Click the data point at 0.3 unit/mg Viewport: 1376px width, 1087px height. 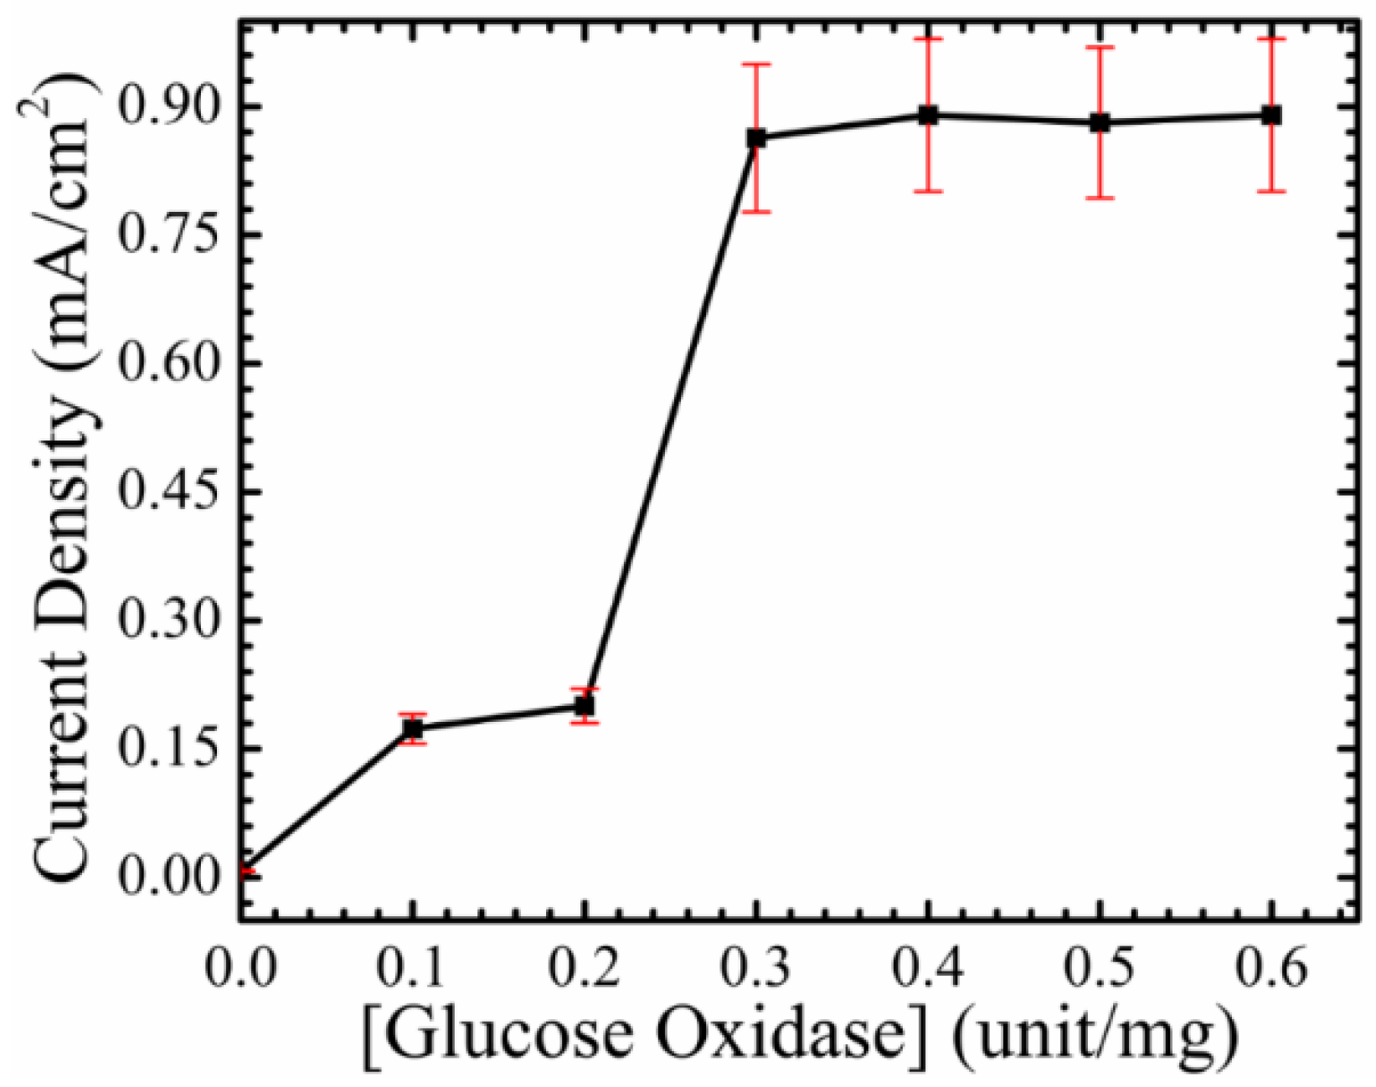pyautogui.click(x=756, y=138)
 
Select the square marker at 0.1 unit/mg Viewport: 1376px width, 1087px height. pyautogui.click(x=412, y=729)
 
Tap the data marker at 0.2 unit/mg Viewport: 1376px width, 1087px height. pyautogui.click(x=585, y=706)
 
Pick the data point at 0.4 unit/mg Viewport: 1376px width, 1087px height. pyautogui.click(x=928, y=116)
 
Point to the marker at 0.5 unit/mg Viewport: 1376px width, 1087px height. pyautogui.click(x=1100, y=123)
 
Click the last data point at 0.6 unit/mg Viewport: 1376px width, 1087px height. pyautogui.click(x=1271, y=116)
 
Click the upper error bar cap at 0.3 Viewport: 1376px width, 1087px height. pyautogui.click(x=756, y=64)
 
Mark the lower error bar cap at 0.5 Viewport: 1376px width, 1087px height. pyautogui.click(x=1100, y=198)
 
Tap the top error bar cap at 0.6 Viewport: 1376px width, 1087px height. pyautogui.click(x=1271, y=39)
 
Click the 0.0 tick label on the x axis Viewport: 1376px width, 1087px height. pyautogui.click(x=241, y=970)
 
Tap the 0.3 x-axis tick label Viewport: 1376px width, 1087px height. pyautogui.click(x=756, y=970)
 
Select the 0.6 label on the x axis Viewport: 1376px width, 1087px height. pyautogui.click(x=1271, y=970)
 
